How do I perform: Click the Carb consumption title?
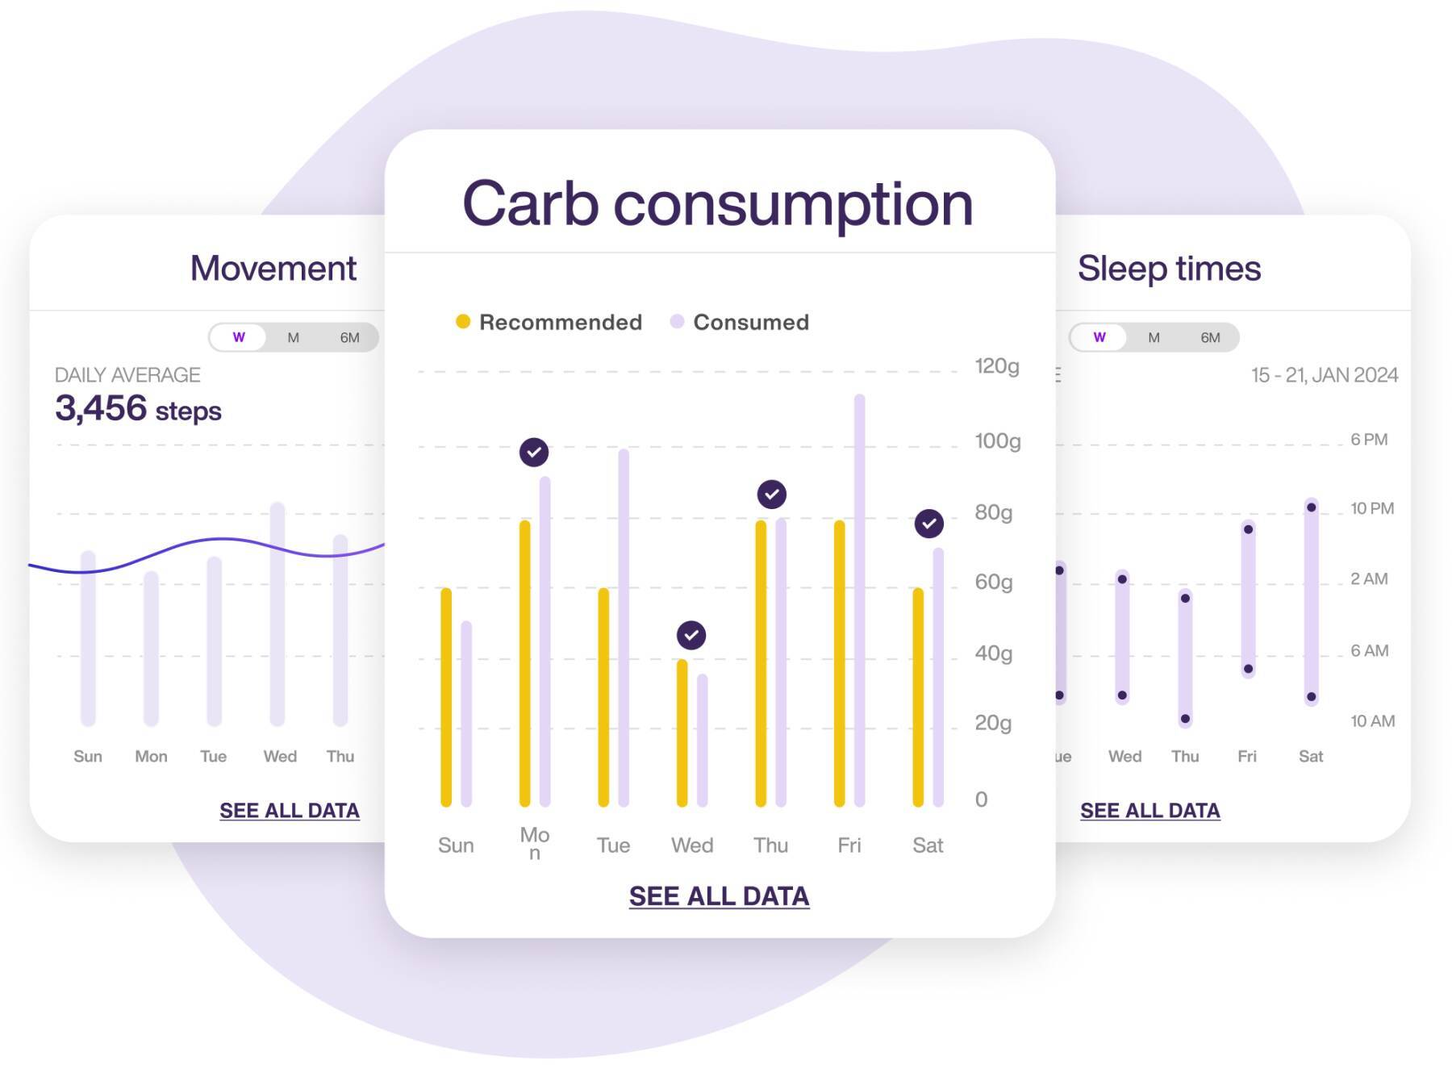click(x=717, y=203)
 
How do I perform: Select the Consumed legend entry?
click(x=740, y=322)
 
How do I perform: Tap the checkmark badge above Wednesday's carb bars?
click(x=691, y=635)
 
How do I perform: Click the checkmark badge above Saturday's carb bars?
click(x=929, y=524)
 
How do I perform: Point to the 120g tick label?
click(x=996, y=366)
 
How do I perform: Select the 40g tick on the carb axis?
click(x=993, y=653)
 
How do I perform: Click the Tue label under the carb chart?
click(x=613, y=845)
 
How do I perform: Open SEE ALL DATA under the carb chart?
click(x=719, y=896)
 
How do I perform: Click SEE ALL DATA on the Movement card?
click(x=290, y=811)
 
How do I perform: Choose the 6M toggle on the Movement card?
click(x=349, y=337)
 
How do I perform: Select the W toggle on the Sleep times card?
click(x=1099, y=337)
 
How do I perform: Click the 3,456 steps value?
click(x=138, y=409)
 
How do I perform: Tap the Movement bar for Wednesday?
click(x=277, y=613)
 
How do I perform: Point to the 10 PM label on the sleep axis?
click(x=1371, y=508)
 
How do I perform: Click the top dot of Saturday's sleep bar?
click(x=1312, y=507)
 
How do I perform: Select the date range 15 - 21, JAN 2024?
click(x=1324, y=375)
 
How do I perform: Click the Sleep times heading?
click(x=1169, y=268)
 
